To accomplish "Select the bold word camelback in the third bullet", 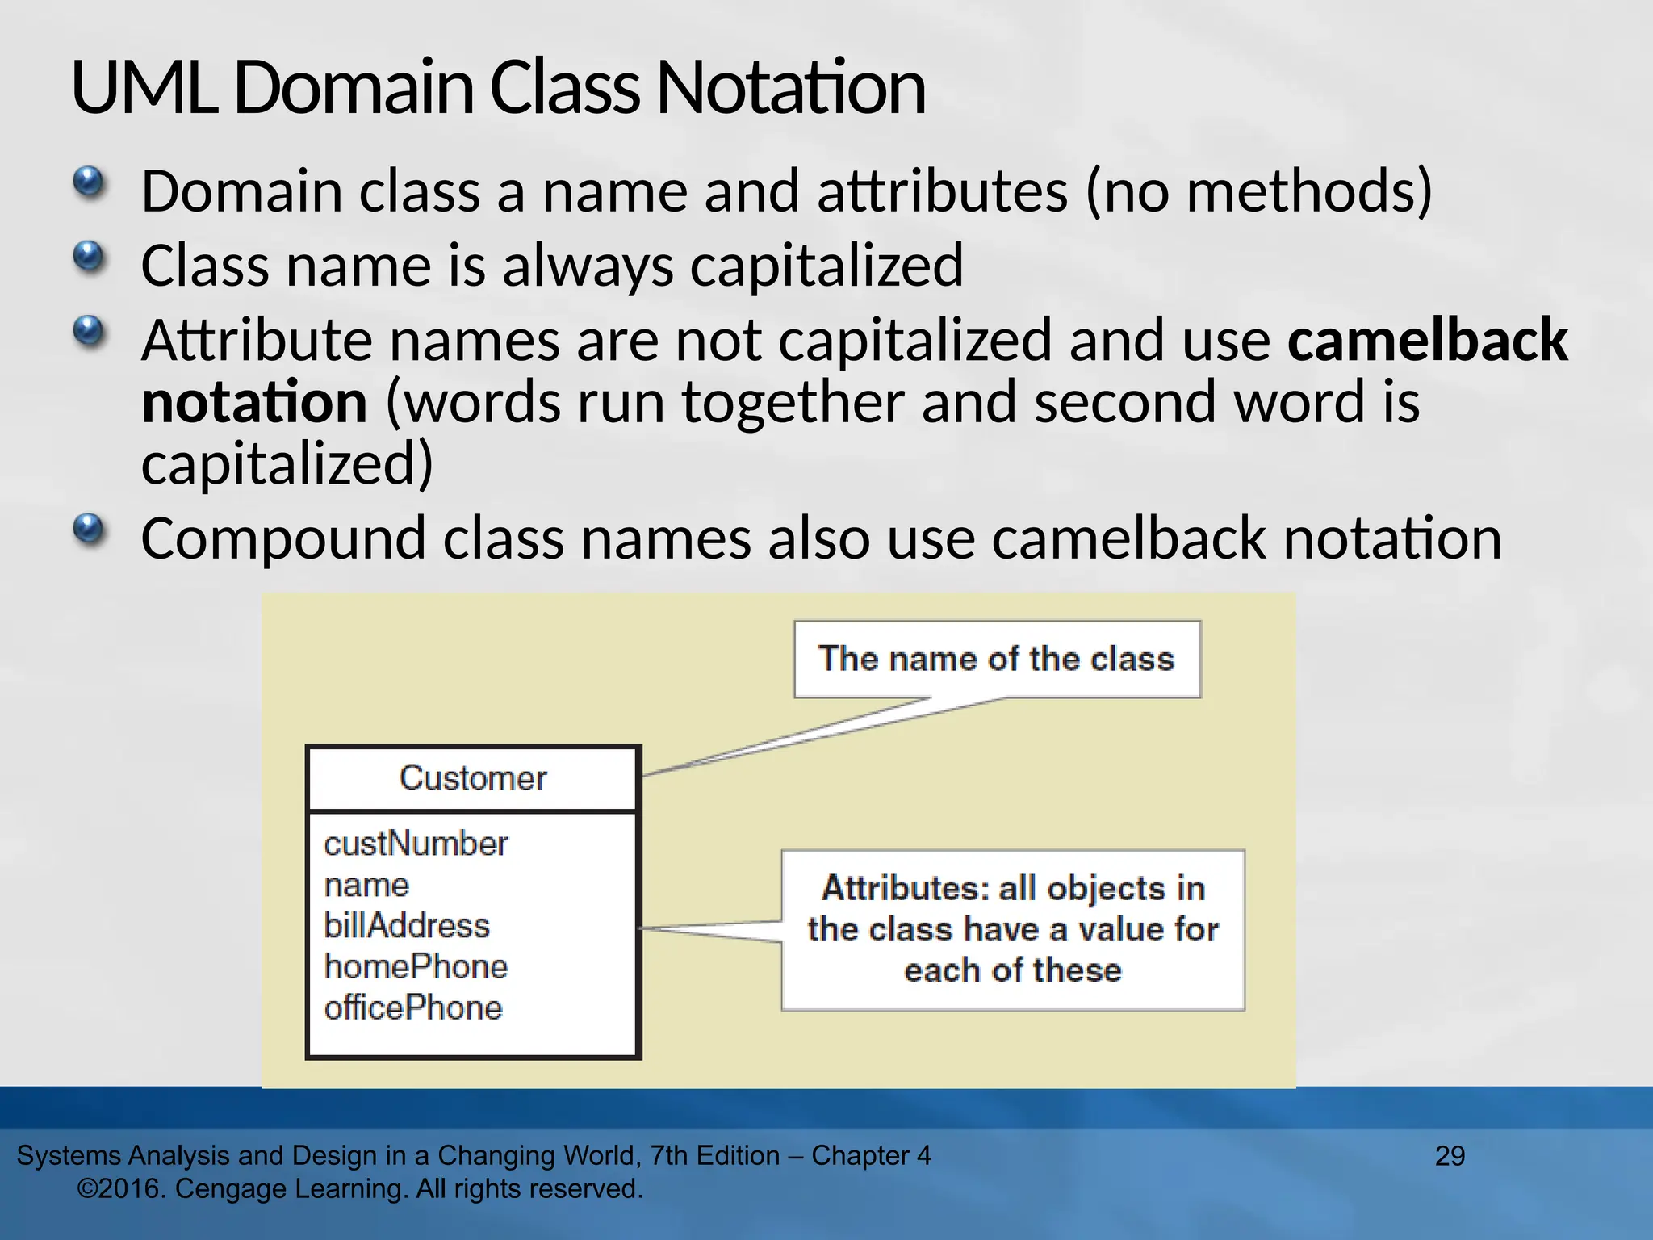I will click(x=1427, y=340).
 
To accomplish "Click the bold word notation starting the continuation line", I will click(x=254, y=402).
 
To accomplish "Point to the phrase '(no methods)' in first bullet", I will click(x=1259, y=191).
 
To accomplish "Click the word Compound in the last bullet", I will click(x=282, y=538).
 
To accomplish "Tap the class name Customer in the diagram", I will click(x=473, y=778).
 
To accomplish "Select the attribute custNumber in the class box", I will click(x=416, y=844).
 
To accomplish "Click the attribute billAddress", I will click(x=407, y=926).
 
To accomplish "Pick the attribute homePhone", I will click(x=416, y=967).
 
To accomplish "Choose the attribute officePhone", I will click(x=413, y=1008).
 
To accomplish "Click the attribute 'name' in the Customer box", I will click(x=366, y=886).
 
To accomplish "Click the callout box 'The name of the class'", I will click(x=997, y=659).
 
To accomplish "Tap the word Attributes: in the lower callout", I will click(x=906, y=888).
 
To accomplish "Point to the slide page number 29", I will click(x=1450, y=1156).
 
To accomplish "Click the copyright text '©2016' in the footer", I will click(x=121, y=1189).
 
